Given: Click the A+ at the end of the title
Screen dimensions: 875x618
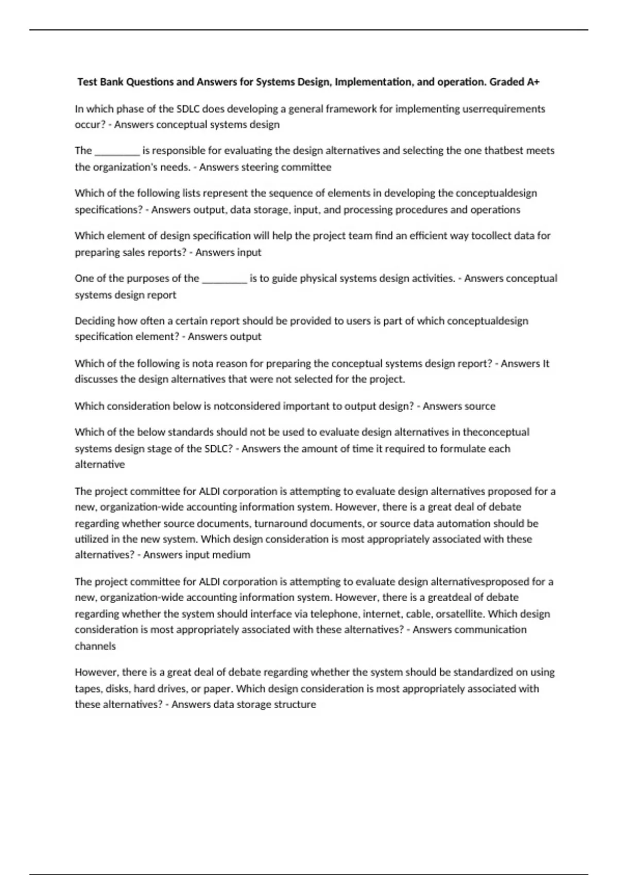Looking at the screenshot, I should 533,82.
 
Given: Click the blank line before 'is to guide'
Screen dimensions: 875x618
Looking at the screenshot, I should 225,279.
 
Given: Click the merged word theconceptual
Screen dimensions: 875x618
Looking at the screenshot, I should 496,432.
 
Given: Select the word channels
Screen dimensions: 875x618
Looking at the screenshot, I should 95,646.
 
